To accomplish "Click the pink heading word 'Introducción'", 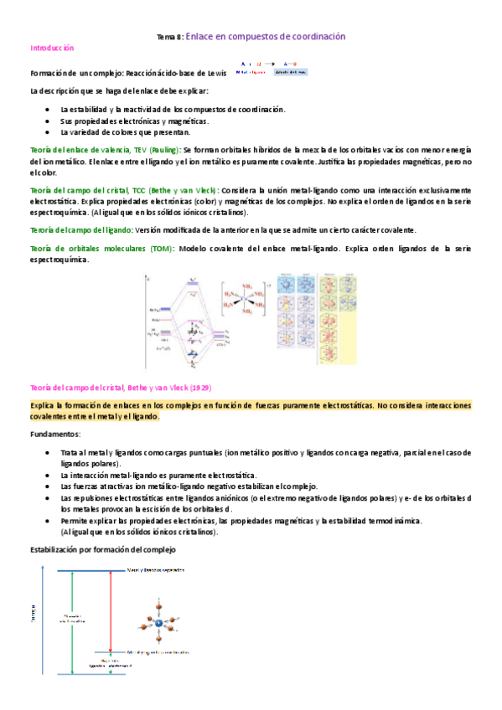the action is (52, 49).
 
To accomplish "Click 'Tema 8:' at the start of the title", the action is (170, 38).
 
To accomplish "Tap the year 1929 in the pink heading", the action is (199, 388).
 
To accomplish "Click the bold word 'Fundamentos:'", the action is (55, 435).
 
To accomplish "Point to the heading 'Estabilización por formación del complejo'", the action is (102, 549).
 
